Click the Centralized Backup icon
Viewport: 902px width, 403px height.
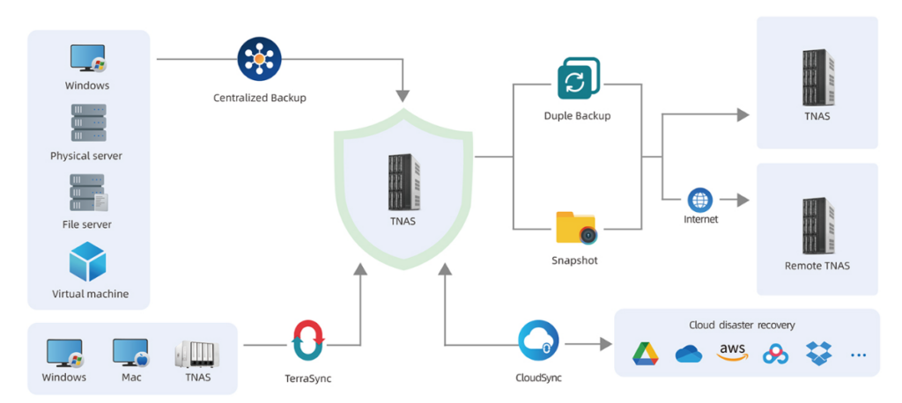tap(259, 59)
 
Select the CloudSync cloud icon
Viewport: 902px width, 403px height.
tap(538, 342)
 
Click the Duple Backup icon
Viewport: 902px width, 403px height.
tap(578, 78)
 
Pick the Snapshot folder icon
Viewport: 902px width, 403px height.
tap(576, 228)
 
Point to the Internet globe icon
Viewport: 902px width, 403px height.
tap(700, 201)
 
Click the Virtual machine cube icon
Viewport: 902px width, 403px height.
tap(87, 261)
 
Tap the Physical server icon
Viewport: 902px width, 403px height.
tap(89, 122)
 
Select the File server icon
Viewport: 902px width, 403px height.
tap(89, 192)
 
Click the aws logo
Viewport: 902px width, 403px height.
tap(732, 353)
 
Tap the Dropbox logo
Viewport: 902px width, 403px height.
tap(818, 353)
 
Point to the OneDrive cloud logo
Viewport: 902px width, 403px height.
tap(689, 354)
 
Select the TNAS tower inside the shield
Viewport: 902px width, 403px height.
tap(404, 181)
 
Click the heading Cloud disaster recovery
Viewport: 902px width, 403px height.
tap(742, 326)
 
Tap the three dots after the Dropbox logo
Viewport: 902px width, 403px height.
tap(858, 355)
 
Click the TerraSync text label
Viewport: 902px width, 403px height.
tap(308, 379)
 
